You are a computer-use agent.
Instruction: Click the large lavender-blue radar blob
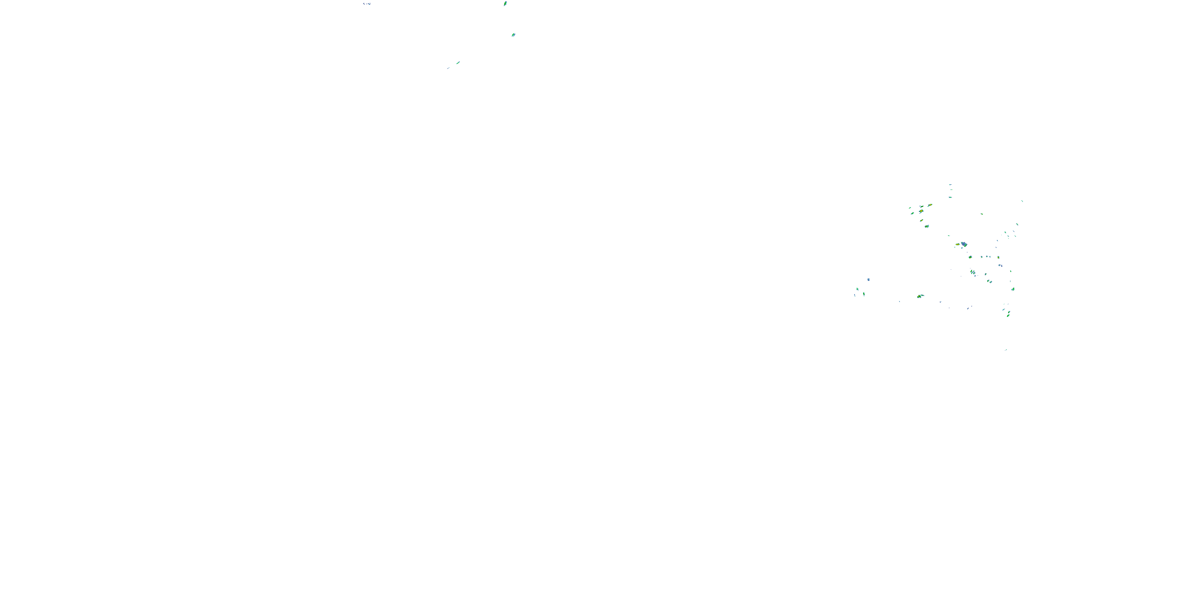click(964, 244)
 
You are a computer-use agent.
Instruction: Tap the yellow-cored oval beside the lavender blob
click(958, 244)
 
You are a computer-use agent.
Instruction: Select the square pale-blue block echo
click(868, 280)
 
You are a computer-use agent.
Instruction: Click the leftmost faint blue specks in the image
click(367, 4)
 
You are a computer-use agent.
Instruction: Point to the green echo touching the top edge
click(505, 3)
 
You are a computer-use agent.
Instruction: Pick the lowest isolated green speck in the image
click(1006, 349)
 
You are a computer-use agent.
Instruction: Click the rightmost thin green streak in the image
click(1022, 201)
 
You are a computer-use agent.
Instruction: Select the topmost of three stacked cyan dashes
click(950, 185)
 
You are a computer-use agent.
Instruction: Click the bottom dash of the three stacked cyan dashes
click(950, 198)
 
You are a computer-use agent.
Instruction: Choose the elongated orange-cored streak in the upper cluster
click(930, 205)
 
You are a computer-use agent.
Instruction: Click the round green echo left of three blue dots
click(970, 257)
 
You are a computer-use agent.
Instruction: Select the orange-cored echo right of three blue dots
click(998, 257)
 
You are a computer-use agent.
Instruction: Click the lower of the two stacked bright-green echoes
click(1008, 315)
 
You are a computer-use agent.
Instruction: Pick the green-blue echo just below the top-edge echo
click(513, 34)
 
